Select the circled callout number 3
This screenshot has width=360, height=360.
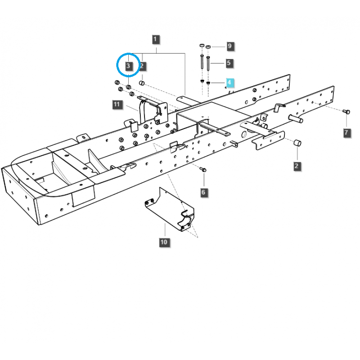129,66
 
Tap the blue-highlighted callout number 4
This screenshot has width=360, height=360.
229,83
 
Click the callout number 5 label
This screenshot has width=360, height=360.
229,63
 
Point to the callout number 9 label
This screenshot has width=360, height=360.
229,46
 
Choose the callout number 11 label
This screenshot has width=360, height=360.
117,105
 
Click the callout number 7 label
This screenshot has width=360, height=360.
346,132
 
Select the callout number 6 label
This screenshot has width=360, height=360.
203,192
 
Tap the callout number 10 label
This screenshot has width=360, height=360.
163,243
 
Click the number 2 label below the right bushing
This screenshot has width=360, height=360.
296,166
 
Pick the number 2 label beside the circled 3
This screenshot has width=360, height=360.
142,67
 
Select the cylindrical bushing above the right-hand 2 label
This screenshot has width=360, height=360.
297,143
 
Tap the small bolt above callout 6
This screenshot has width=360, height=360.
203,170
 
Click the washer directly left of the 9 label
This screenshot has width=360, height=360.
208,46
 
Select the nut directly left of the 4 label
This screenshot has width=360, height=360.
208,82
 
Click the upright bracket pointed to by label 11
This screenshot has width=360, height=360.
142,112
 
